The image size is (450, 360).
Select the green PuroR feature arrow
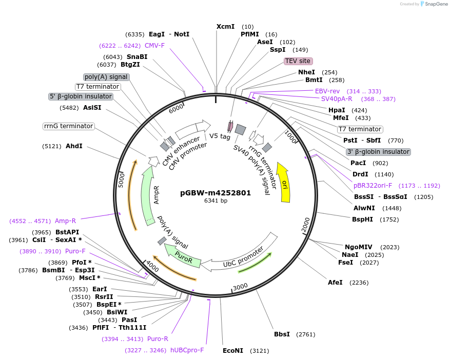pos(182,256)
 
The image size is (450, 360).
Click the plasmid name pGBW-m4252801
pos(216,193)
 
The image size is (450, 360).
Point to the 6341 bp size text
pos(216,201)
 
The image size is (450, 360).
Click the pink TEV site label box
pos(298,61)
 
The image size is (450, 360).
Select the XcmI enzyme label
pos(225,26)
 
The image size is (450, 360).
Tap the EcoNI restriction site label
pos(233,351)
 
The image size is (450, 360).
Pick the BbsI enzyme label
pos(282,334)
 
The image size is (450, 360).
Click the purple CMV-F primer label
pos(154,46)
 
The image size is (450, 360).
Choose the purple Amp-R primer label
pos(65,221)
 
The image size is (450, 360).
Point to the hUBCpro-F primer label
pos(187,350)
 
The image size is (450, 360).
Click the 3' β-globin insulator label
pos(379,152)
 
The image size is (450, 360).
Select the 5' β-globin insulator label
pos(81,96)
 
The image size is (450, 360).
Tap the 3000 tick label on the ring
pos(240,286)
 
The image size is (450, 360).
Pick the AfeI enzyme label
pos(335,283)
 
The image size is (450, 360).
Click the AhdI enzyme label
pos(74,146)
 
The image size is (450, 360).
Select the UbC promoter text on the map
pos(243,257)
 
